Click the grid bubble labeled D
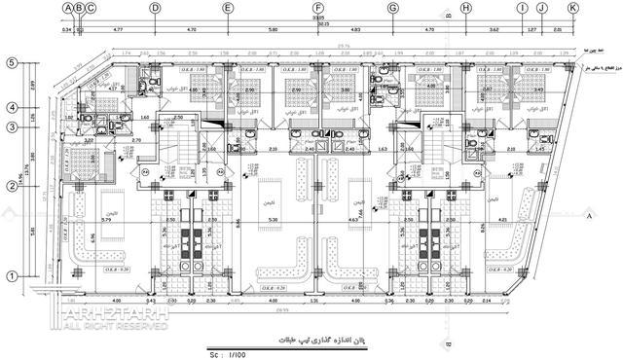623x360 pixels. tap(154, 8)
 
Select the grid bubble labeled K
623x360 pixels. tap(572, 8)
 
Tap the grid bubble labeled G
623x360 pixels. tap(393, 8)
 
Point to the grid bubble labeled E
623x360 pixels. tap(227, 8)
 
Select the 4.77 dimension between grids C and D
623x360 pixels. tap(118, 31)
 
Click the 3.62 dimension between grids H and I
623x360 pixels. tap(495, 31)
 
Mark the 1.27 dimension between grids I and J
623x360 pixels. tap(531, 31)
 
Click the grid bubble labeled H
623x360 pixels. tap(466, 8)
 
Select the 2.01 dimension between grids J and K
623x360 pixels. tap(557, 31)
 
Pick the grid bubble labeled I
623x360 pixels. tap(523, 8)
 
